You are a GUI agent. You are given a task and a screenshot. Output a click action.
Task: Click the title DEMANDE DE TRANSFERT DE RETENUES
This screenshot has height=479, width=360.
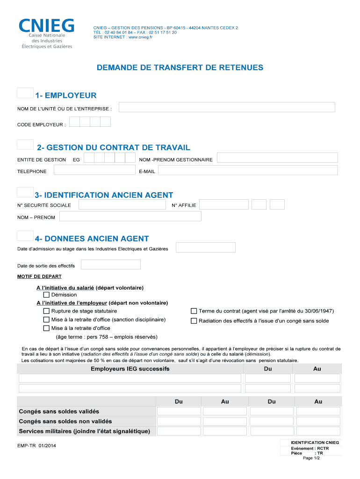click(180, 68)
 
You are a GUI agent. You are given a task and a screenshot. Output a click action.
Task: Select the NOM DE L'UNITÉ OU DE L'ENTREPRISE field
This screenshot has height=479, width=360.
click(227, 107)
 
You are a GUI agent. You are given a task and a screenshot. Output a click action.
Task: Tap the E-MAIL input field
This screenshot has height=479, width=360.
click(247, 171)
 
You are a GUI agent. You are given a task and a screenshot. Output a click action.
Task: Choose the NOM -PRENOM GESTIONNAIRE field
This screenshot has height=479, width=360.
click(277, 158)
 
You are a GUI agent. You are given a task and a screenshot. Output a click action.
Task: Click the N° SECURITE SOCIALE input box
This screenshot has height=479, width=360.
click(122, 205)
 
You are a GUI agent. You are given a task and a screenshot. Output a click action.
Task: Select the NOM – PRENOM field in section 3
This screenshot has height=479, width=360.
click(130, 216)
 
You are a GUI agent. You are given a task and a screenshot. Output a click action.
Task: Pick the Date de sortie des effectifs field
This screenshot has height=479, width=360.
click(111, 265)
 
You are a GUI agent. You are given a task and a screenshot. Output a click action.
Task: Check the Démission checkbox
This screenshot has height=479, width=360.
click(46, 295)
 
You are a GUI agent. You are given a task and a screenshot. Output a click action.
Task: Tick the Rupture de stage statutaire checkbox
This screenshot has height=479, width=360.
click(46, 311)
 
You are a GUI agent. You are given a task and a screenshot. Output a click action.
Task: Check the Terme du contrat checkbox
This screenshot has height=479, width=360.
click(194, 311)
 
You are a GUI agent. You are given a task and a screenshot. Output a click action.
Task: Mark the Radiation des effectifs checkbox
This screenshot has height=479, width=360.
click(194, 321)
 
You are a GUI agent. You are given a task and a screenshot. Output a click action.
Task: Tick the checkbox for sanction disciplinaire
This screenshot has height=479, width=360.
click(46, 320)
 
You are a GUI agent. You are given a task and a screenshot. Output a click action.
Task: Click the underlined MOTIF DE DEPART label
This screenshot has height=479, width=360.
click(36, 276)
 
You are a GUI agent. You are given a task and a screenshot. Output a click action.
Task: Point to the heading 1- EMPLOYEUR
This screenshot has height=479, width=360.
click(65, 96)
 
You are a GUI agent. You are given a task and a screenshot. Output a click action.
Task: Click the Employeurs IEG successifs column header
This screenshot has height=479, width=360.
click(130, 369)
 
